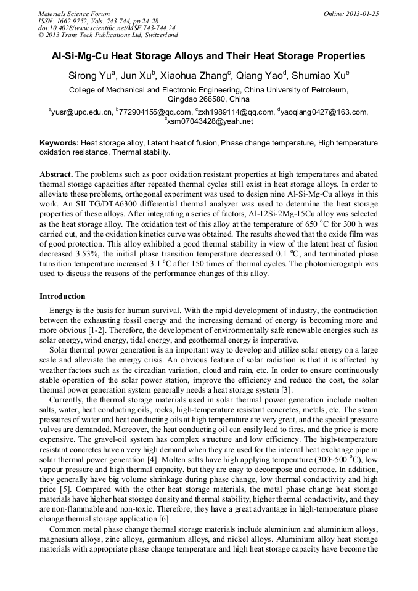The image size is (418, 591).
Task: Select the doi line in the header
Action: (107, 28)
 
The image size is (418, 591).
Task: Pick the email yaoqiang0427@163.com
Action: (324, 112)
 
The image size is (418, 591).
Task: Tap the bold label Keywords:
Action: (59, 142)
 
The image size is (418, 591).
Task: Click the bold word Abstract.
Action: (55, 174)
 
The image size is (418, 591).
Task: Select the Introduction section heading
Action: (62, 296)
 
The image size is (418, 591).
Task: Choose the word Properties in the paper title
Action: (339, 56)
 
